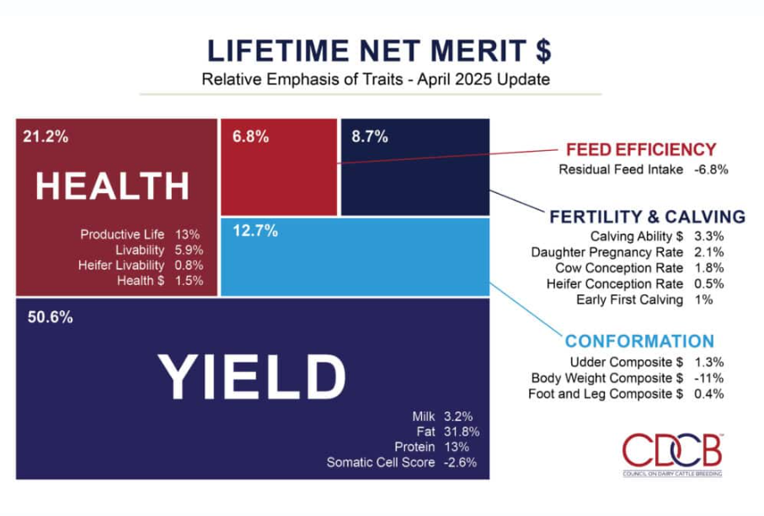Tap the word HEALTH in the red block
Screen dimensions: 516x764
pyautogui.click(x=113, y=185)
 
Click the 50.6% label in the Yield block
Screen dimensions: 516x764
pyautogui.click(x=48, y=318)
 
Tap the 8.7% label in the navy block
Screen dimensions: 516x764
pyautogui.click(x=370, y=137)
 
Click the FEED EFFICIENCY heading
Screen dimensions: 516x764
pyautogui.click(x=640, y=149)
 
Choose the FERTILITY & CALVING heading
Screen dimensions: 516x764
pyautogui.click(x=647, y=216)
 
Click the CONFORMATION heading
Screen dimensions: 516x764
pyautogui.click(x=639, y=341)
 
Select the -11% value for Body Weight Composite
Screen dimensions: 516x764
pyautogui.click(x=708, y=378)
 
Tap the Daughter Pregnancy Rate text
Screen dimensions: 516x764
pyautogui.click(x=606, y=252)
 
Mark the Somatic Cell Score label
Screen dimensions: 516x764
pyautogui.click(x=381, y=462)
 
